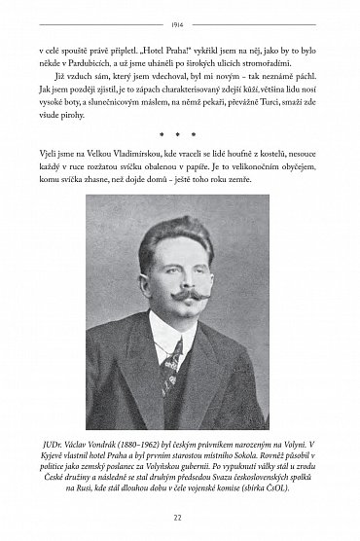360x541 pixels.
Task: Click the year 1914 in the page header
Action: coord(179,18)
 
